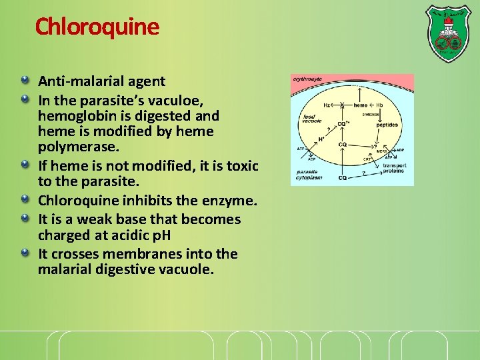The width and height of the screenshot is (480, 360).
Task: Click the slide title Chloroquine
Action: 97,27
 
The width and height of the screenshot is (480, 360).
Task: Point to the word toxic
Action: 241,165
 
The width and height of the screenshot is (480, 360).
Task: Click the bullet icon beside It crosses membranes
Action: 25,253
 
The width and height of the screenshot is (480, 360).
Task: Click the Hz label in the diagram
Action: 327,105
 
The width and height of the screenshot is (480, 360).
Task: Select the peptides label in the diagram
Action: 387,125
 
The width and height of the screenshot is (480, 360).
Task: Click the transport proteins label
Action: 393,168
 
